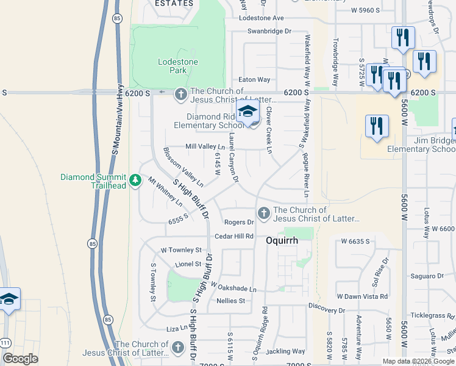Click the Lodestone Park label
[x=174, y=66]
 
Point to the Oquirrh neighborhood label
[x=282, y=240]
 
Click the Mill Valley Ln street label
[x=205, y=147]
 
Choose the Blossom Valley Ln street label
[x=183, y=166]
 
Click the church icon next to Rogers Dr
[x=263, y=213]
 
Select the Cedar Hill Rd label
[x=233, y=237]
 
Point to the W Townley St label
[x=180, y=250]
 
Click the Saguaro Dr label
[x=427, y=276]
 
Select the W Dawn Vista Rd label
[x=362, y=296]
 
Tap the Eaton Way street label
[x=254, y=80]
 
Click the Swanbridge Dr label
[x=270, y=30]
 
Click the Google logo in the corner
[x=20, y=358]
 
